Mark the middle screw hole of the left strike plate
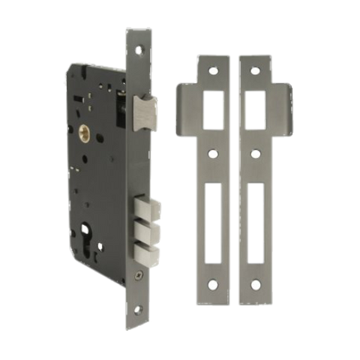pos(214,155)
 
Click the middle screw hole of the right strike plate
pos(255,155)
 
